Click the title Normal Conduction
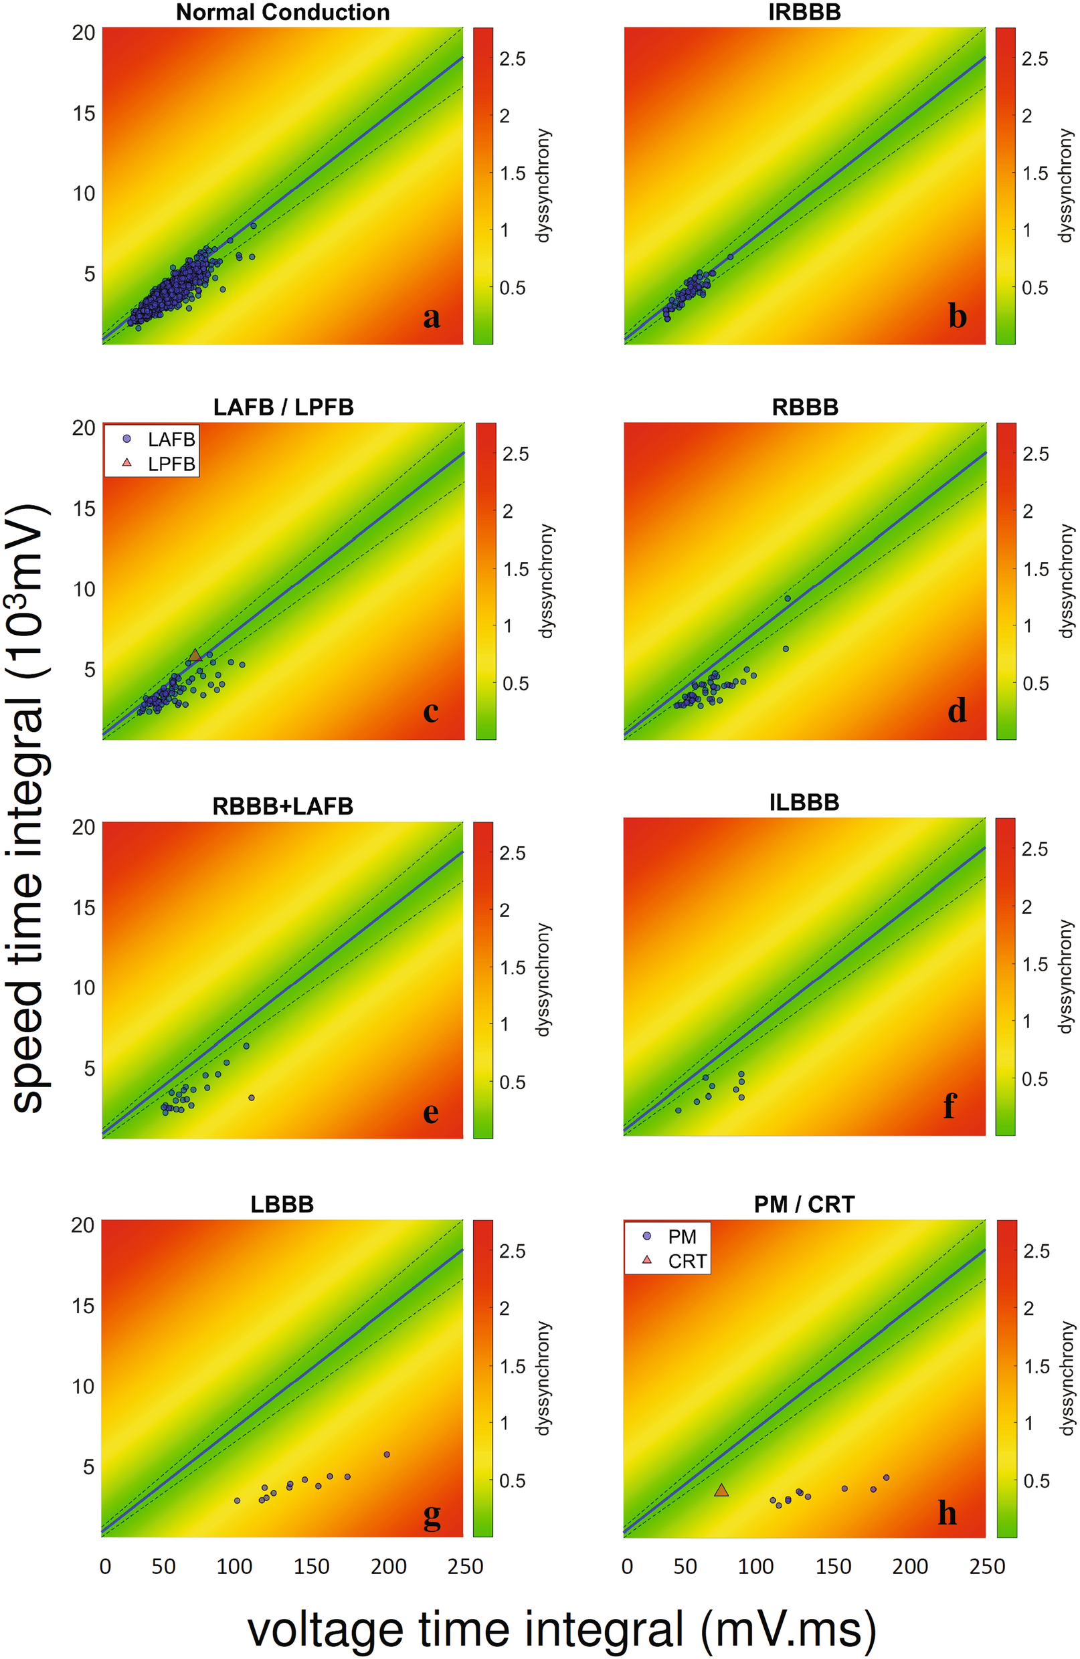tap(282, 12)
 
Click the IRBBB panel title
tap(804, 12)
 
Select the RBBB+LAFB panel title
tap(282, 806)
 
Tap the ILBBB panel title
tap(804, 801)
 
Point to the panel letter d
tap(957, 710)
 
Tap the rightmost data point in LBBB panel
tap(387, 1454)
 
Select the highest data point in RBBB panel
tap(787, 598)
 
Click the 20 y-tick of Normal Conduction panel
tap(84, 33)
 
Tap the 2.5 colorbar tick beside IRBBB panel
tap(1034, 59)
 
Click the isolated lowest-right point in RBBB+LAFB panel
tap(252, 1097)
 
